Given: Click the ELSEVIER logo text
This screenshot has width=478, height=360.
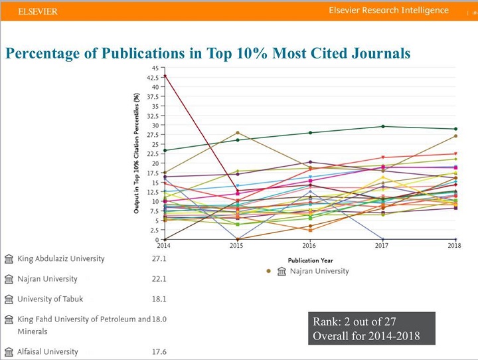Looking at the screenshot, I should [x=38, y=11].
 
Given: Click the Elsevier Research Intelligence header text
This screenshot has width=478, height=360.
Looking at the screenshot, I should [x=388, y=11].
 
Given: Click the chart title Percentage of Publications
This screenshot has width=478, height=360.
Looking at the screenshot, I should [x=207, y=52].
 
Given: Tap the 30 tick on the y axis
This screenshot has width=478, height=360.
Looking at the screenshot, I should [x=155, y=125].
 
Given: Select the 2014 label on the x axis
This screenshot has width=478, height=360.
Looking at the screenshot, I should [x=164, y=246].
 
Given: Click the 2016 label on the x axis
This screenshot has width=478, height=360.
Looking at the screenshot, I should [x=309, y=246].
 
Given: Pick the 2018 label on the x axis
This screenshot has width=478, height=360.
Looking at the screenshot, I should [x=455, y=246].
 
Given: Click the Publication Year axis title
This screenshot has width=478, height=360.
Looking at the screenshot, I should [x=309, y=260].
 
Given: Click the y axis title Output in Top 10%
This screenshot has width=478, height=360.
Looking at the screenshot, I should [x=137, y=153].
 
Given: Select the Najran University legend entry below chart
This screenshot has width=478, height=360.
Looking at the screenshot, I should [x=312, y=271].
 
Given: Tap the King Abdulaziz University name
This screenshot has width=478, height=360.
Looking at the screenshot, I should [x=61, y=258].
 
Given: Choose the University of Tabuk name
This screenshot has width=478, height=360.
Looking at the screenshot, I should [x=51, y=299].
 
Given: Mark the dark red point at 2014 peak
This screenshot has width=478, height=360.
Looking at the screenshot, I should [x=165, y=76].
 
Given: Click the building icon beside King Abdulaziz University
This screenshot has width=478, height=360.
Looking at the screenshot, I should [x=9, y=259].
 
